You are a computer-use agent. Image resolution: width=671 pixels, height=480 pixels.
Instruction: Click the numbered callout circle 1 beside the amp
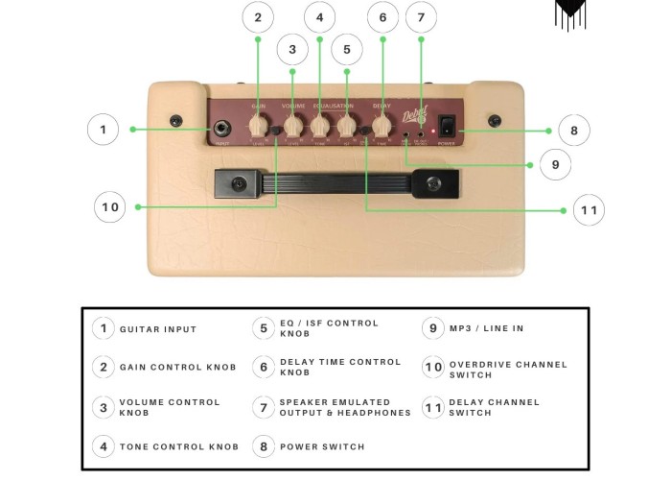point(103,130)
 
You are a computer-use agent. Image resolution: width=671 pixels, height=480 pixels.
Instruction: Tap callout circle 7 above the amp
point(421,17)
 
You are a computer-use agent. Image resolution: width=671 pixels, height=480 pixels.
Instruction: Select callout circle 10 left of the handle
point(110,206)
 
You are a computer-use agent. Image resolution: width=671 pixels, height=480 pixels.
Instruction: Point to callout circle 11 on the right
point(589,210)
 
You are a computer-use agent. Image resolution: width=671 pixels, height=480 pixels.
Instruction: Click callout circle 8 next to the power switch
point(573,131)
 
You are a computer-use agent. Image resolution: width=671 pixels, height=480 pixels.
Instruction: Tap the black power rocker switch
point(447,126)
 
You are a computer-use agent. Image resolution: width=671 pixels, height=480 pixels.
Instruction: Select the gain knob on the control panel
point(258,126)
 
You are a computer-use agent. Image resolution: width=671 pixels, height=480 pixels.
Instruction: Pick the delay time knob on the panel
point(382,126)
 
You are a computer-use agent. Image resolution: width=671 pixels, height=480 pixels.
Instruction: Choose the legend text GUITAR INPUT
point(158,329)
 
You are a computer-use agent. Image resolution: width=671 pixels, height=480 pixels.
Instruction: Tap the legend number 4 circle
point(104,446)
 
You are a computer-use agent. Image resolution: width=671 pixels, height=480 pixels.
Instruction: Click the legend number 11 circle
point(433,407)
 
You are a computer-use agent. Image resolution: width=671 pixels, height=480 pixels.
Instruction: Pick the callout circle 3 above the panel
point(292,50)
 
